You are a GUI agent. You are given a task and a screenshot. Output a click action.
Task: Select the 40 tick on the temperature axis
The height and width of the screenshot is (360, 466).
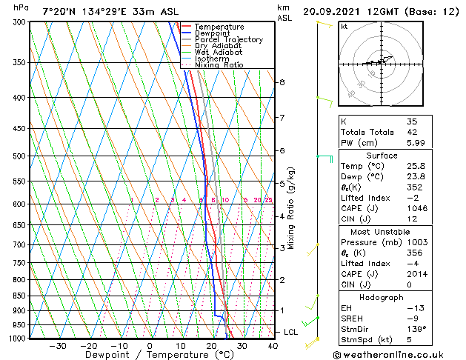point(273,345)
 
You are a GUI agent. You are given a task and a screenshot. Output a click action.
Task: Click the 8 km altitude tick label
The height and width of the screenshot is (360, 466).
point(282,82)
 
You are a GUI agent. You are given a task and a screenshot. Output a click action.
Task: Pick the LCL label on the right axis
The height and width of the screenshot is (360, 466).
point(290,332)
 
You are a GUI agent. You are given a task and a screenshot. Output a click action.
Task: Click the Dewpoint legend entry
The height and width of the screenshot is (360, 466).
point(213,33)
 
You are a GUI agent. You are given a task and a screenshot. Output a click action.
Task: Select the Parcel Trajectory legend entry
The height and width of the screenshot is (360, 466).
point(228,40)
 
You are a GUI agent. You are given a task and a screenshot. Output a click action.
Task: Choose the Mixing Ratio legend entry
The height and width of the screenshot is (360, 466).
point(219,65)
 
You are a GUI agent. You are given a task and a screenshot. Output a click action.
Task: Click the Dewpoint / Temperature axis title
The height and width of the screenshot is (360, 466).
point(148,356)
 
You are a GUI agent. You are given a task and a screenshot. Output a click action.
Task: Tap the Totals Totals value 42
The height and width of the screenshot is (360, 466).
point(412,132)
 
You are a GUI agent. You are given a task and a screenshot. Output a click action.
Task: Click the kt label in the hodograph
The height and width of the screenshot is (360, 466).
point(344,26)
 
